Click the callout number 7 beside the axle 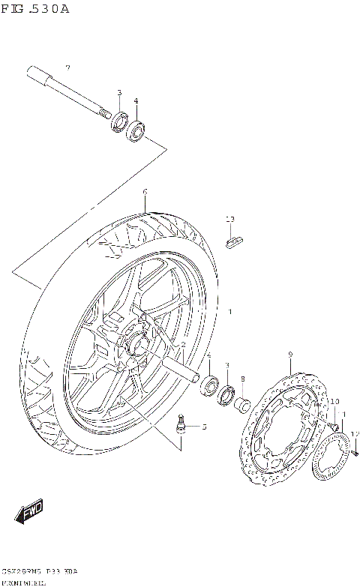[x=67, y=68]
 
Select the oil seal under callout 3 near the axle [x=119, y=121]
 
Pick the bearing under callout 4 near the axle [x=136, y=130]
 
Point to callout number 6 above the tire [x=145, y=191]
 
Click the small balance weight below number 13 [x=234, y=240]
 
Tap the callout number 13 [x=230, y=219]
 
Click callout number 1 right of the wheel [x=230, y=311]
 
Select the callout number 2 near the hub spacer [x=182, y=344]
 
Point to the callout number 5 [x=203, y=427]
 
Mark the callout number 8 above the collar [x=243, y=379]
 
